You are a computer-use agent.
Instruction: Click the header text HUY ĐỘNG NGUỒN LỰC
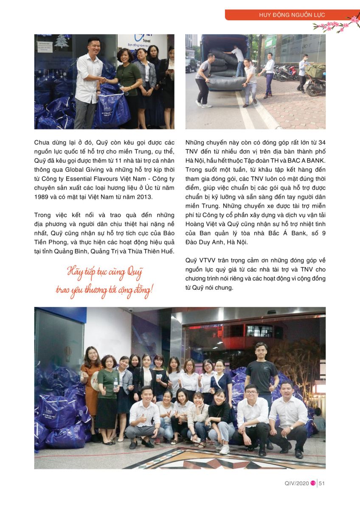tap(292, 15)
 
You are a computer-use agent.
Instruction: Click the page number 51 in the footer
tap(322, 483)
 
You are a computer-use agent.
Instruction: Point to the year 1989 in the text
tap(42, 197)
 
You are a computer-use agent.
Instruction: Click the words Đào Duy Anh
tap(204, 242)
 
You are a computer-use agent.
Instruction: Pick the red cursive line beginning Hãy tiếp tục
tap(105, 271)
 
